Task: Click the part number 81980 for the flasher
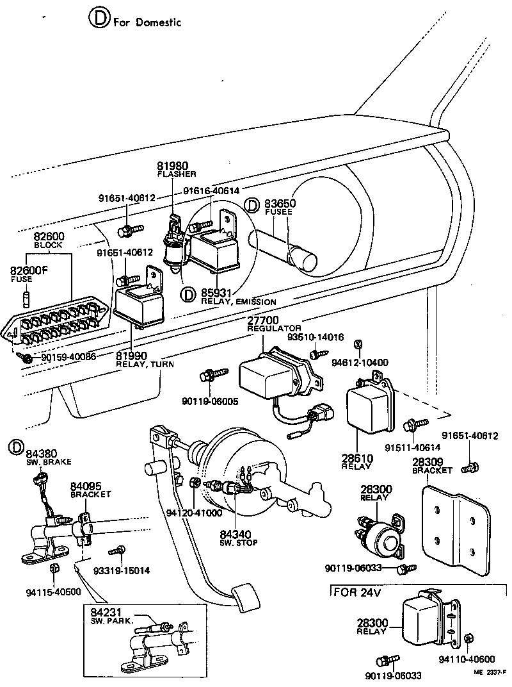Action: [x=173, y=166]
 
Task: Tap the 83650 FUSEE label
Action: [x=281, y=205]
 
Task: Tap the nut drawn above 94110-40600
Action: [x=468, y=638]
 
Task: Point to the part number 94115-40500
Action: [x=54, y=592]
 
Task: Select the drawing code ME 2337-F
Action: [x=490, y=672]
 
